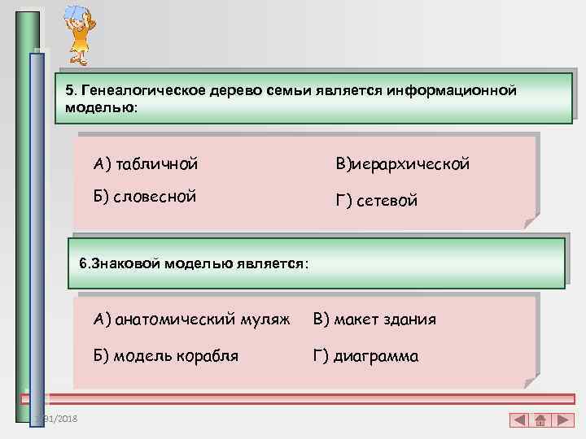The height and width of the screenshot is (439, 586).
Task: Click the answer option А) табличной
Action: click(x=146, y=165)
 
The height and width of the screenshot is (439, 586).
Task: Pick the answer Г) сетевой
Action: click(x=377, y=201)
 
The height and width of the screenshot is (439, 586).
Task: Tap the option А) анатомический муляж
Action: click(x=191, y=319)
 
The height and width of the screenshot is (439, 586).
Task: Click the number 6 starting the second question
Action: click(x=83, y=263)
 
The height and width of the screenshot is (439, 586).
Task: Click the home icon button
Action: click(x=540, y=420)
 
